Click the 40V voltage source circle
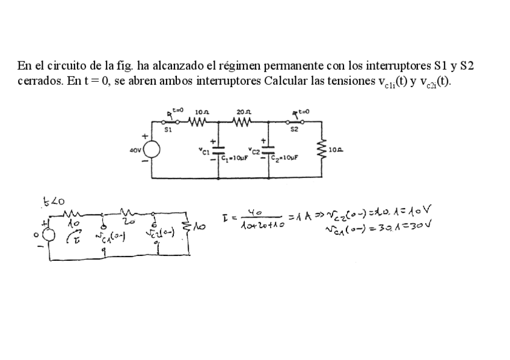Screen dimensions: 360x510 tap(151, 149)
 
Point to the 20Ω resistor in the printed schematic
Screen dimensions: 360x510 tap(243, 121)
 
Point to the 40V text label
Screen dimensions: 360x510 tap(135, 150)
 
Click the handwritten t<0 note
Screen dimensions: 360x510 tap(54, 202)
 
